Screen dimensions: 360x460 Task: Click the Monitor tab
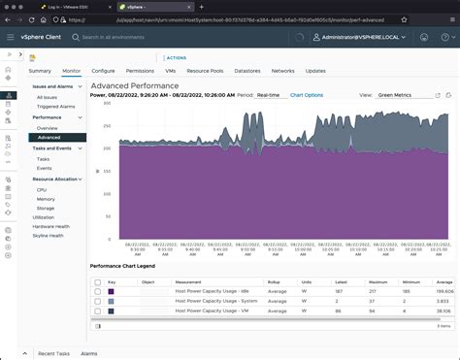click(71, 71)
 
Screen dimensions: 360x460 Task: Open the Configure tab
click(103, 71)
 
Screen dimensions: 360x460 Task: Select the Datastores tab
click(247, 71)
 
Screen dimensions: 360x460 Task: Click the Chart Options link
click(307, 95)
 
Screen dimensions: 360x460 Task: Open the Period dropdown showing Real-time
click(271, 95)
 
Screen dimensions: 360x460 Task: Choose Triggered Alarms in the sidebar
click(54, 106)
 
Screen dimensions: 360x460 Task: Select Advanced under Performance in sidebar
click(49, 137)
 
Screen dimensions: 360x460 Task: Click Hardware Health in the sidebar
click(50, 226)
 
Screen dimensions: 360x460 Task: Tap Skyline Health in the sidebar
click(49, 236)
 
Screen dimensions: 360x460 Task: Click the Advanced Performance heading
click(134, 85)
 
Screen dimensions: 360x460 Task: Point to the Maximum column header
click(378, 281)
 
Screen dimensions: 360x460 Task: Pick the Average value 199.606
click(444, 291)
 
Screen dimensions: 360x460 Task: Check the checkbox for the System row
click(97, 301)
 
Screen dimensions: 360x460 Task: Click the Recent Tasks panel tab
click(52, 354)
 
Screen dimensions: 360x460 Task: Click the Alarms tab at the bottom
click(88, 354)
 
